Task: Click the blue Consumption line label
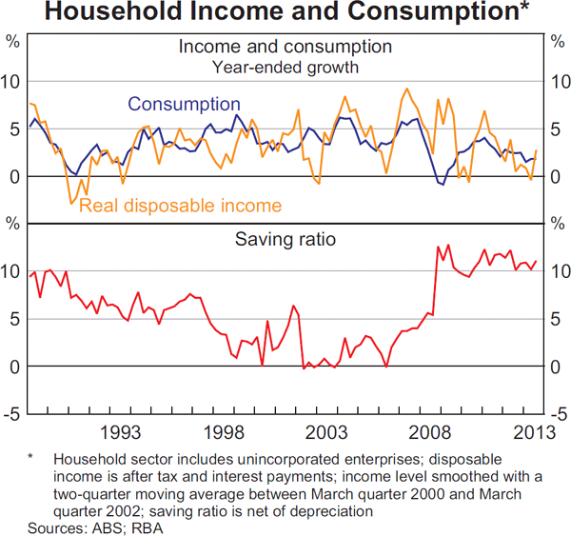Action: pos(184,104)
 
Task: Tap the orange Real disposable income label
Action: pos(180,206)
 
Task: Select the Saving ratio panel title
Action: pos(285,239)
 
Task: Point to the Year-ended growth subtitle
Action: pos(285,67)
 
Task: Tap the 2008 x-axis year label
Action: pos(429,431)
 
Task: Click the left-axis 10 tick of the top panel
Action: pos(11,82)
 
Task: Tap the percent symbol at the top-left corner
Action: pos(12,41)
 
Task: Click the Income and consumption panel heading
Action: pos(285,47)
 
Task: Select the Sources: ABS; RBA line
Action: pos(85,526)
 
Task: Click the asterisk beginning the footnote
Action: pos(31,458)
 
